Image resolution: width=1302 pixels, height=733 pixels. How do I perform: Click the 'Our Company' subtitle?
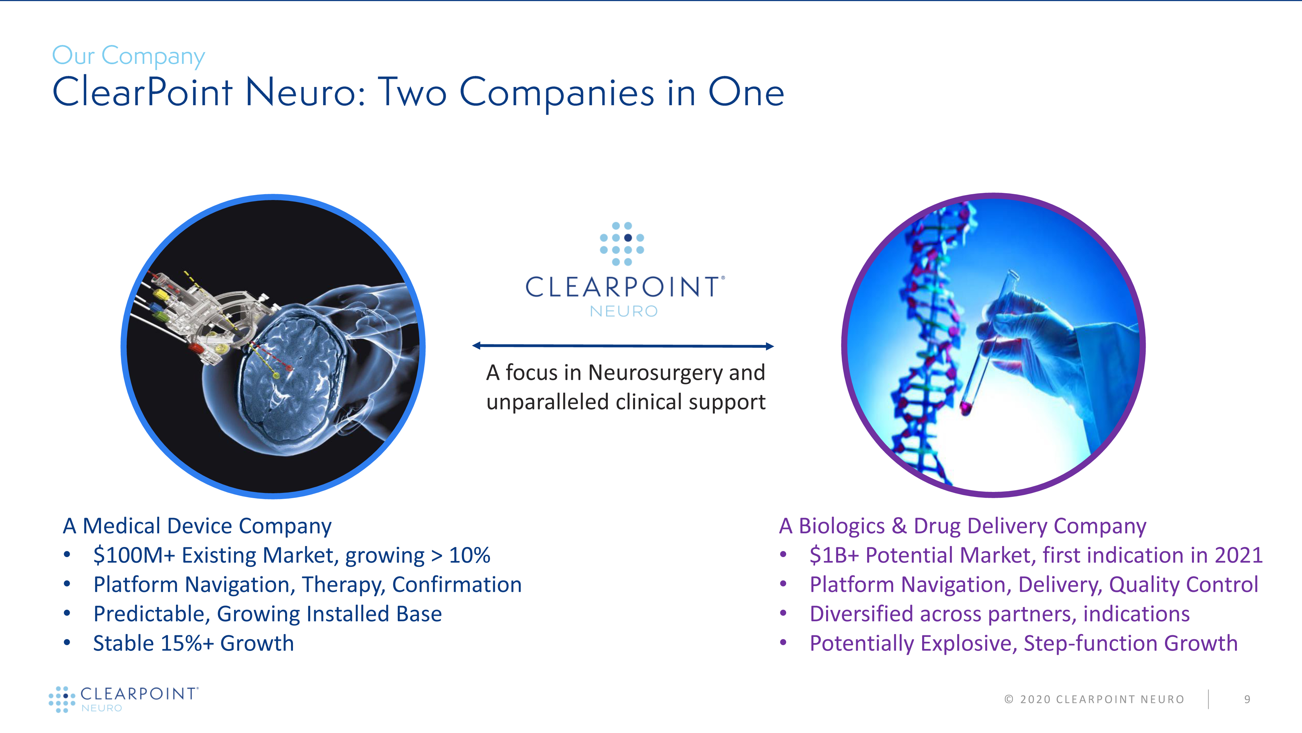(x=128, y=56)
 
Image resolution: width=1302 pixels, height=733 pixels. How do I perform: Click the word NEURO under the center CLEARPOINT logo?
(x=624, y=311)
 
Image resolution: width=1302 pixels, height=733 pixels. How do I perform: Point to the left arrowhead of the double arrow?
(x=476, y=346)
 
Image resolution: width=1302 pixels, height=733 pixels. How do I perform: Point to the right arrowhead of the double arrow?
(x=770, y=347)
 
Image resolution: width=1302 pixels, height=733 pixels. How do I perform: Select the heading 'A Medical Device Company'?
(x=197, y=526)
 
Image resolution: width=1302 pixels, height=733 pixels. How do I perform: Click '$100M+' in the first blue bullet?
(x=134, y=555)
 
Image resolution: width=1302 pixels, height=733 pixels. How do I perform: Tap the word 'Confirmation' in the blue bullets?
(x=457, y=585)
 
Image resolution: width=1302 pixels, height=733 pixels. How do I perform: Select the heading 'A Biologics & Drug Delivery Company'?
(x=963, y=526)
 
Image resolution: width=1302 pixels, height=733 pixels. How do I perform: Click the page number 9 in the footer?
(x=1247, y=699)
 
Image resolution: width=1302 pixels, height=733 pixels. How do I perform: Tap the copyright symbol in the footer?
(x=1008, y=699)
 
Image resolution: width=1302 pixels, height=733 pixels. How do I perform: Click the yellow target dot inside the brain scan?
(x=276, y=375)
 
